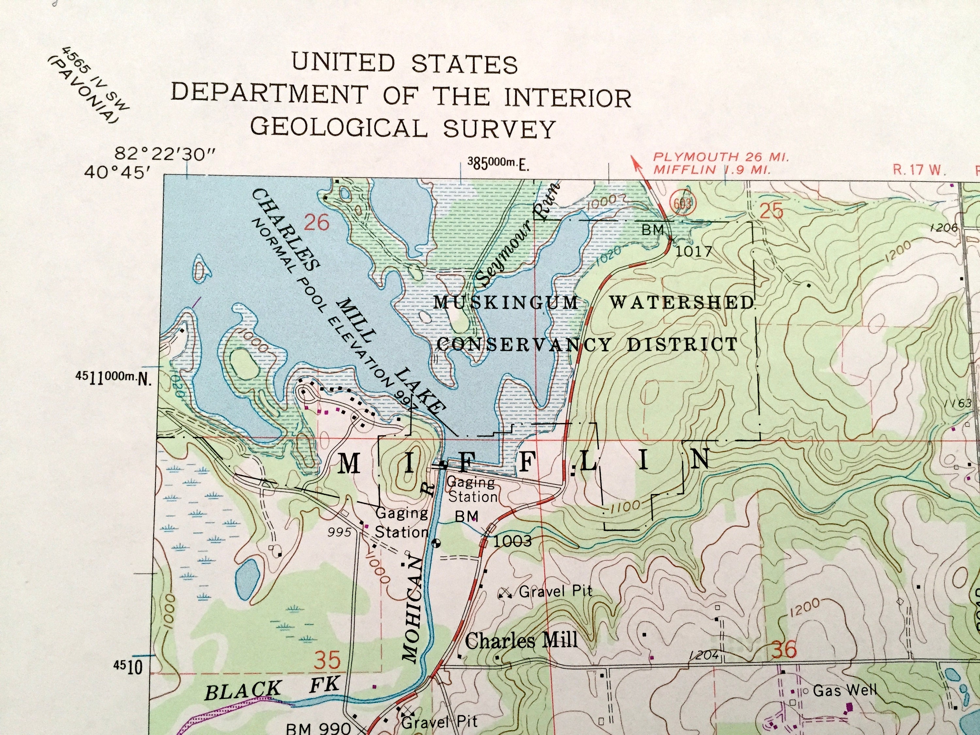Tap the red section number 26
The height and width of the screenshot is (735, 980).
click(x=317, y=222)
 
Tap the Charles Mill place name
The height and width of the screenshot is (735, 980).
click(x=521, y=640)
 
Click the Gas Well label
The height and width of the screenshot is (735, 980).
click(x=844, y=690)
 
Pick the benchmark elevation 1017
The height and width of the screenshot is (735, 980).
click(x=694, y=252)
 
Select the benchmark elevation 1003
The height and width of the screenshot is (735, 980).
click(x=512, y=541)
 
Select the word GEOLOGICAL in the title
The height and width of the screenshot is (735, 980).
click(x=339, y=128)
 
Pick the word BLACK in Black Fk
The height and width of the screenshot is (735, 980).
click(x=242, y=690)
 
